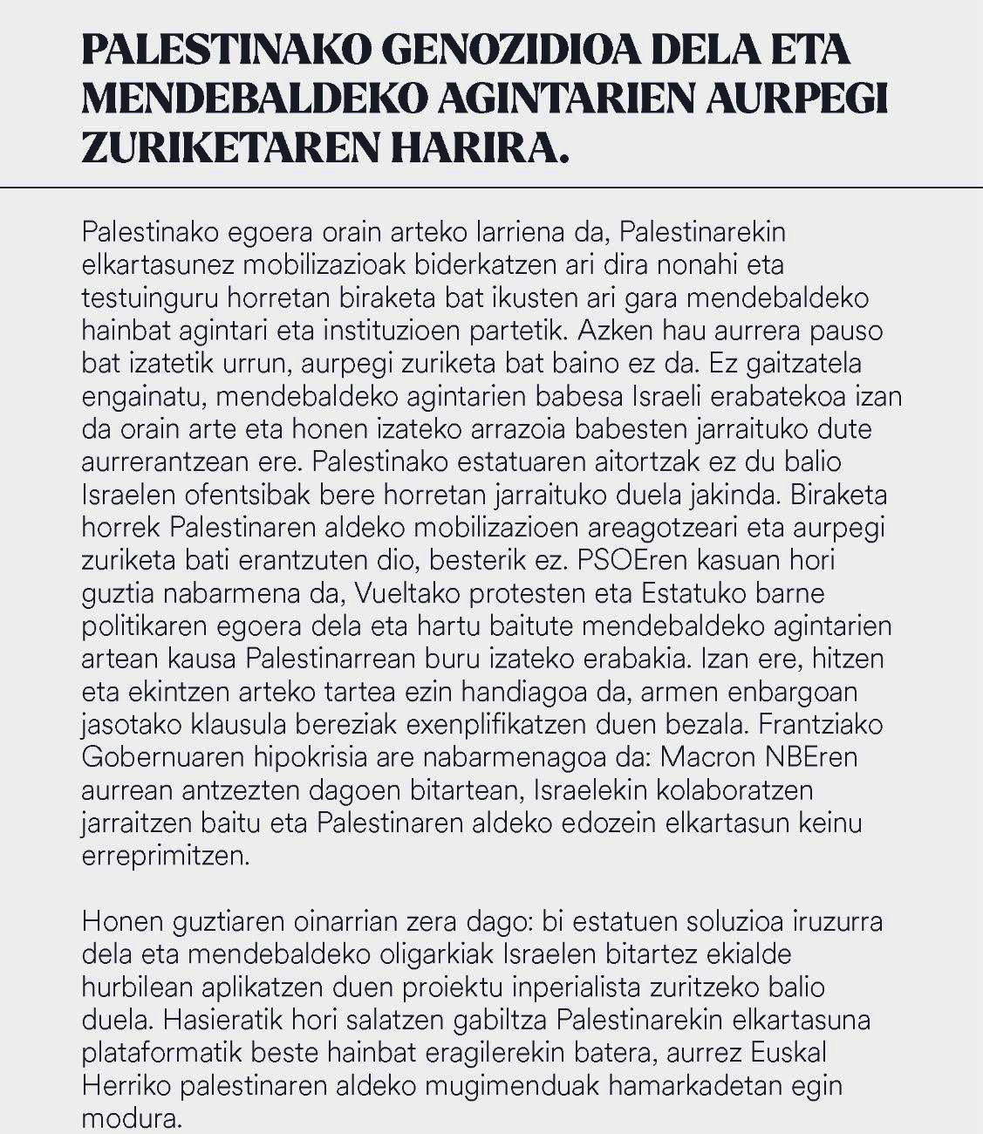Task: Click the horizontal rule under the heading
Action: pyautogui.click(x=491, y=187)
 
